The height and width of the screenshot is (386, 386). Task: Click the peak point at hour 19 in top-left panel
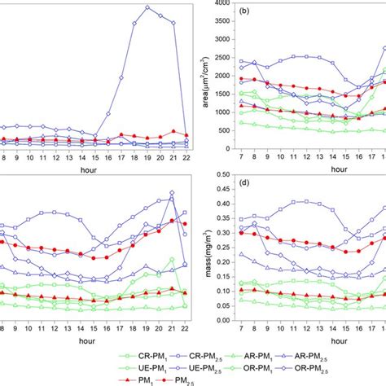(147, 7)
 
